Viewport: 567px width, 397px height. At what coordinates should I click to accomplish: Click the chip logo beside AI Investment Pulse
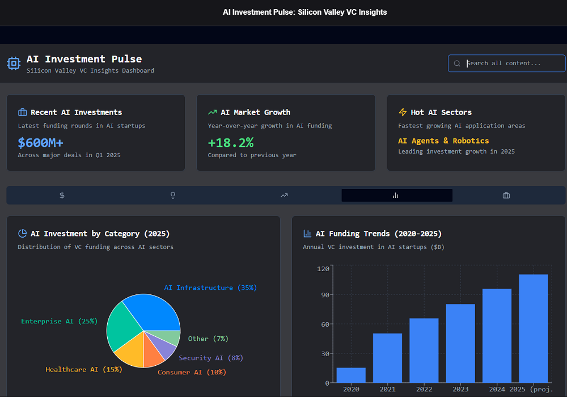(14, 63)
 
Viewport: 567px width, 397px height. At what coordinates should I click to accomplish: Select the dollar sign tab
(62, 196)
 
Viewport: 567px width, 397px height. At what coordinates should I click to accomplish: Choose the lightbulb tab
(173, 196)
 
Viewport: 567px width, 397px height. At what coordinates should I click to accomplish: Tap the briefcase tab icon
(506, 196)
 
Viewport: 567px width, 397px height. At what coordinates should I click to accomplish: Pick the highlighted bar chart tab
(396, 196)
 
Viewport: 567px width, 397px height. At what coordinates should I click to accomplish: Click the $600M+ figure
(40, 142)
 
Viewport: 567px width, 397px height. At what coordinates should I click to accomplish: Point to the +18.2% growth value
(231, 142)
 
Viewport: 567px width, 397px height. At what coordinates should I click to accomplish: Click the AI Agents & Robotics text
(443, 141)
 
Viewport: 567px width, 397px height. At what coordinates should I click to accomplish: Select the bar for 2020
(351, 375)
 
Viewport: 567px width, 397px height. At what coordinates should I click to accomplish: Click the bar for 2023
(460, 344)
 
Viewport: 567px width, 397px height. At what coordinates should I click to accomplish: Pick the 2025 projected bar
(534, 329)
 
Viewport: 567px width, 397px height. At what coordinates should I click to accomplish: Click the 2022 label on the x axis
(424, 389)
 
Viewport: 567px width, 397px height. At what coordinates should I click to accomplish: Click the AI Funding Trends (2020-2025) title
(379, 234)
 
